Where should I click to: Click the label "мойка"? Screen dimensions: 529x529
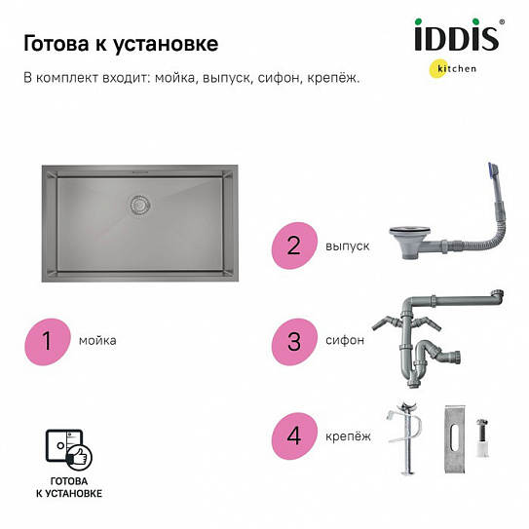(x=99, y=341)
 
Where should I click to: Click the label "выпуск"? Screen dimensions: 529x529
(x=348, y=247)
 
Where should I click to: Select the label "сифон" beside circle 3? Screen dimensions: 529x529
(x=347, y=341)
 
